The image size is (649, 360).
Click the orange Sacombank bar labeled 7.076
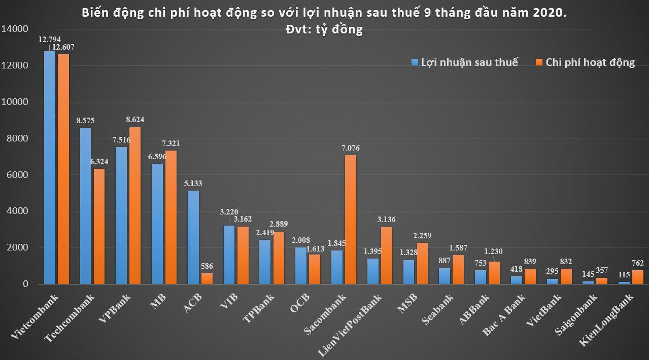point(351,219)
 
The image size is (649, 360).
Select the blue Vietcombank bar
point(50,167)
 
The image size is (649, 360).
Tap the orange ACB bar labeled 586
point(207,278)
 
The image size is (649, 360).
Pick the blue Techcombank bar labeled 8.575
point(85,205)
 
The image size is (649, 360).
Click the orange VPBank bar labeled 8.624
point(135,205)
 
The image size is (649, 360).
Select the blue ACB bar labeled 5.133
point(193,237)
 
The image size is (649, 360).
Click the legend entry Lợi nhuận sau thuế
point(464,62)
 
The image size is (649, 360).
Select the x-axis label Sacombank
point(325,314)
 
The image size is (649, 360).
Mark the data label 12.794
point(49,39)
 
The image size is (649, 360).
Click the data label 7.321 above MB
point(170,143)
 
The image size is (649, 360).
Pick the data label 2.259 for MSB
point(423,235)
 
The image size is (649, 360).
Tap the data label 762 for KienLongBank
point(638,263)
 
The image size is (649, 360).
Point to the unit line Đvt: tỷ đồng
point(324,29)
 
